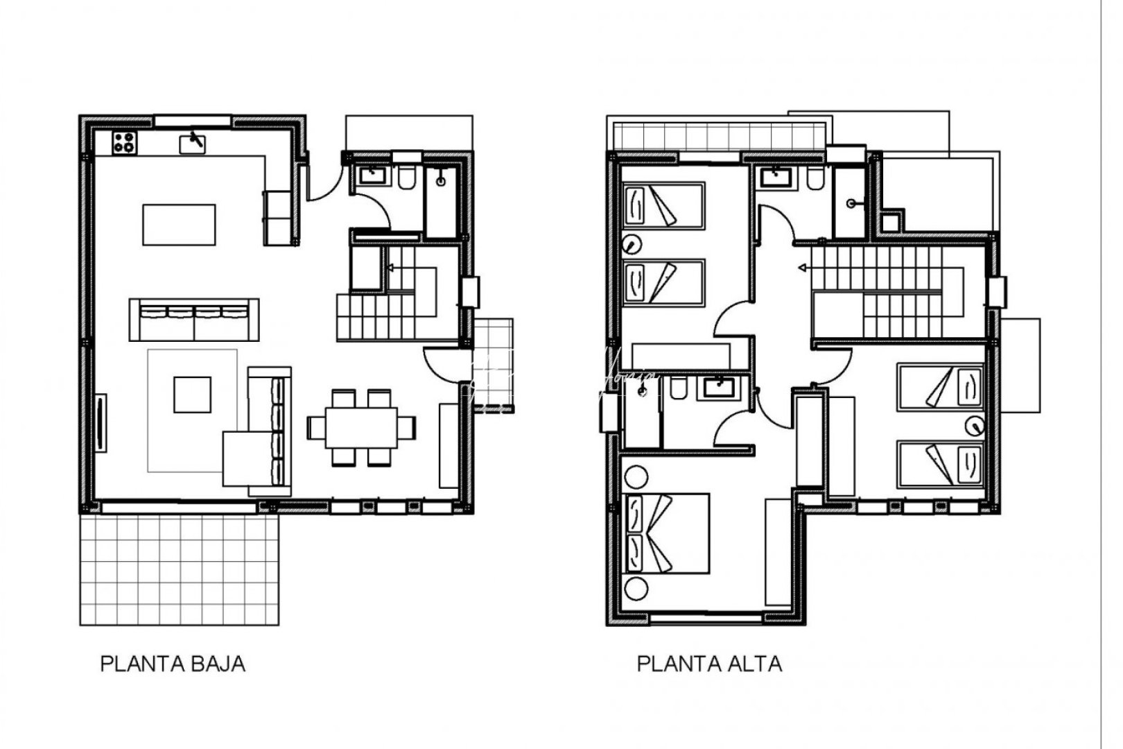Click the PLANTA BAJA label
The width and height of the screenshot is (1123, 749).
[173, 664]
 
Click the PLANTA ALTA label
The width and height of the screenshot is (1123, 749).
[708, 664]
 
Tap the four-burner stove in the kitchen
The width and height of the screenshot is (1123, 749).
[124, 142]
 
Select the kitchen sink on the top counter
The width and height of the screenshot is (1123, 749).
[193, 144]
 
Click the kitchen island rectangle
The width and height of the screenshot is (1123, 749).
[179, 224]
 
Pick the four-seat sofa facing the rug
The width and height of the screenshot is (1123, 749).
[194, 319]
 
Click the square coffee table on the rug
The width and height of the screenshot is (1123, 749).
[193, 394]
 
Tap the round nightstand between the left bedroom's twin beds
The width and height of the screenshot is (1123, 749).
[631, 244]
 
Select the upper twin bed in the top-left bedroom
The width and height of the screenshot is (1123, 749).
[663, 205]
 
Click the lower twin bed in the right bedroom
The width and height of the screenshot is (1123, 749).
[941, 465]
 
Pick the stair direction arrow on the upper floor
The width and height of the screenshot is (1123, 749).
[804, 267]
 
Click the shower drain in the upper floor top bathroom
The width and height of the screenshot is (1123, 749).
[851, 203]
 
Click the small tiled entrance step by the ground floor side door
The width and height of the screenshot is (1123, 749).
[493, 365]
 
